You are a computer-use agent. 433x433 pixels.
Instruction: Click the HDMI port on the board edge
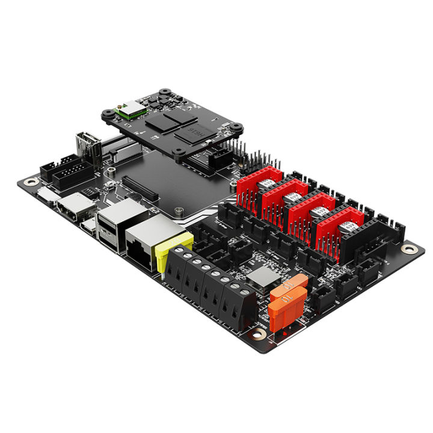tap(73, 208)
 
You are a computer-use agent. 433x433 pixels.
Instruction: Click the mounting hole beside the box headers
tap(32, 181)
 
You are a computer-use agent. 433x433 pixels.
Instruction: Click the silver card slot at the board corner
tap(47, 194)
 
